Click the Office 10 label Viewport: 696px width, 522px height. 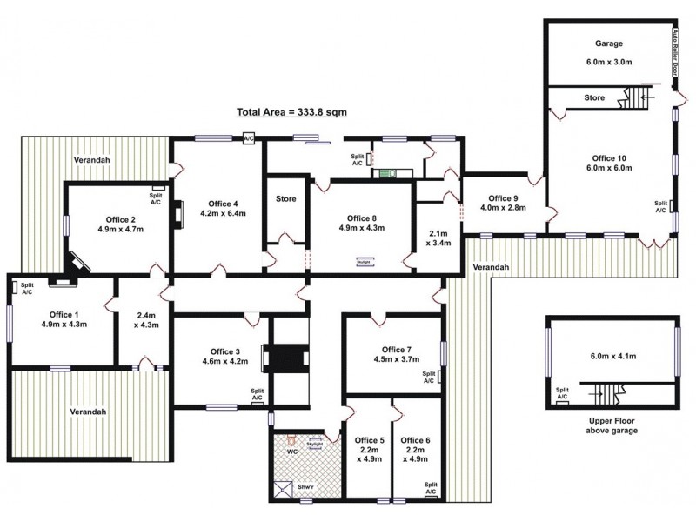609,158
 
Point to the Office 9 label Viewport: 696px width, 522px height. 503,197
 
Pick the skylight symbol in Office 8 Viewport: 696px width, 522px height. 363,258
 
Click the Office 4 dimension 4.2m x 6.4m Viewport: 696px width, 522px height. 219,212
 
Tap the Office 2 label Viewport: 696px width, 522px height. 121,219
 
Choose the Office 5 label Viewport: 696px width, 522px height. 368,440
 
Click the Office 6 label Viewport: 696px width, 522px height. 415,440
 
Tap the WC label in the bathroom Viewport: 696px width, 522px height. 292,452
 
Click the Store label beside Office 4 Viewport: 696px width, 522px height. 285,199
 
